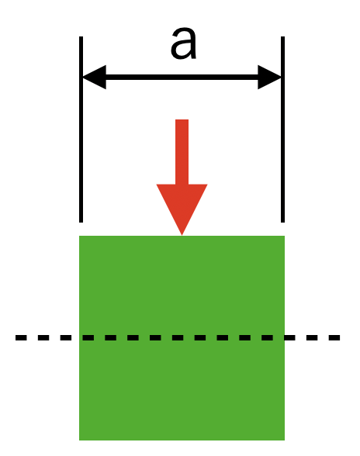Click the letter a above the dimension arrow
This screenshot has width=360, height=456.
point(183,43)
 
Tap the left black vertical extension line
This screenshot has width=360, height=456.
point(81,130)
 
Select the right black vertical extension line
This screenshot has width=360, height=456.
point(282,130)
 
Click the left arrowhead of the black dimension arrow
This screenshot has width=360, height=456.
point(95,77)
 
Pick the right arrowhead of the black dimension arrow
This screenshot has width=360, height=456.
point(269,77)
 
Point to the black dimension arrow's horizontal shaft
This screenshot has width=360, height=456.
point(182,77)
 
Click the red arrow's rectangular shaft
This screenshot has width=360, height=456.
point(182,152)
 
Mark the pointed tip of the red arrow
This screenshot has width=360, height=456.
point(182,235)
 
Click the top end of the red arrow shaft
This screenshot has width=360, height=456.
point(182,119)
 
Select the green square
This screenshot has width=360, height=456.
point(182,338)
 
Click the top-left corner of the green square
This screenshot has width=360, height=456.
point(79,236)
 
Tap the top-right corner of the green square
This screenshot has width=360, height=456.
point(284,236)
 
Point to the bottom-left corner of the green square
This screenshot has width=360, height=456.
point(79,440)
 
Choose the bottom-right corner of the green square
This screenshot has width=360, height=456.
point(284,440)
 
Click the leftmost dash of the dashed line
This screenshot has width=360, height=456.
point(21,337)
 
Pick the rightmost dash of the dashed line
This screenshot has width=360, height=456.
point(334,337)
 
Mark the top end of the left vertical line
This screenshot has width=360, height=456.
point(81,36)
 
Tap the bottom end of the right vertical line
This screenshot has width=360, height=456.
point(282,222)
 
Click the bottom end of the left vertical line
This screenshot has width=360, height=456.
point(81,222)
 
